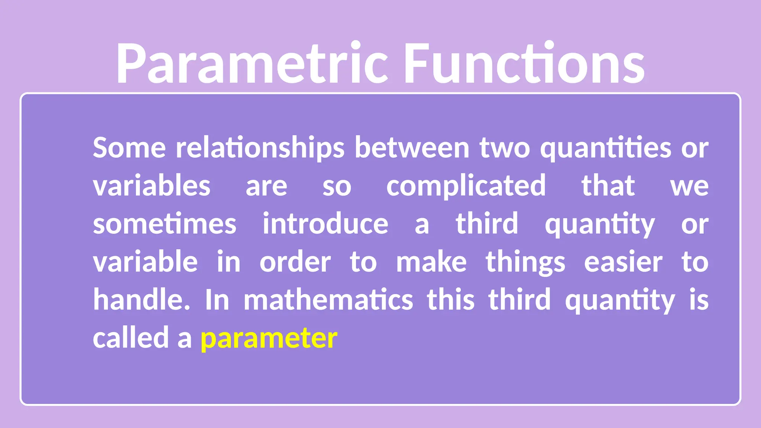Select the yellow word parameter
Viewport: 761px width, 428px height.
[269, 338]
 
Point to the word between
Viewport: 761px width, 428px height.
[412, 148]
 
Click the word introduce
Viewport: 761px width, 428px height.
[325, 224]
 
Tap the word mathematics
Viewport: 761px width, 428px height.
[328, 300]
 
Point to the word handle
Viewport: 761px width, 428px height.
[142, 299]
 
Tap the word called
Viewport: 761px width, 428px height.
[131, 338]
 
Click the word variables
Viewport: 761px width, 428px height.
[152, 186]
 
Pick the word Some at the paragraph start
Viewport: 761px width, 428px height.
[129, 148]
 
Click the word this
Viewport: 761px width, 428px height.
[451, 300]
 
